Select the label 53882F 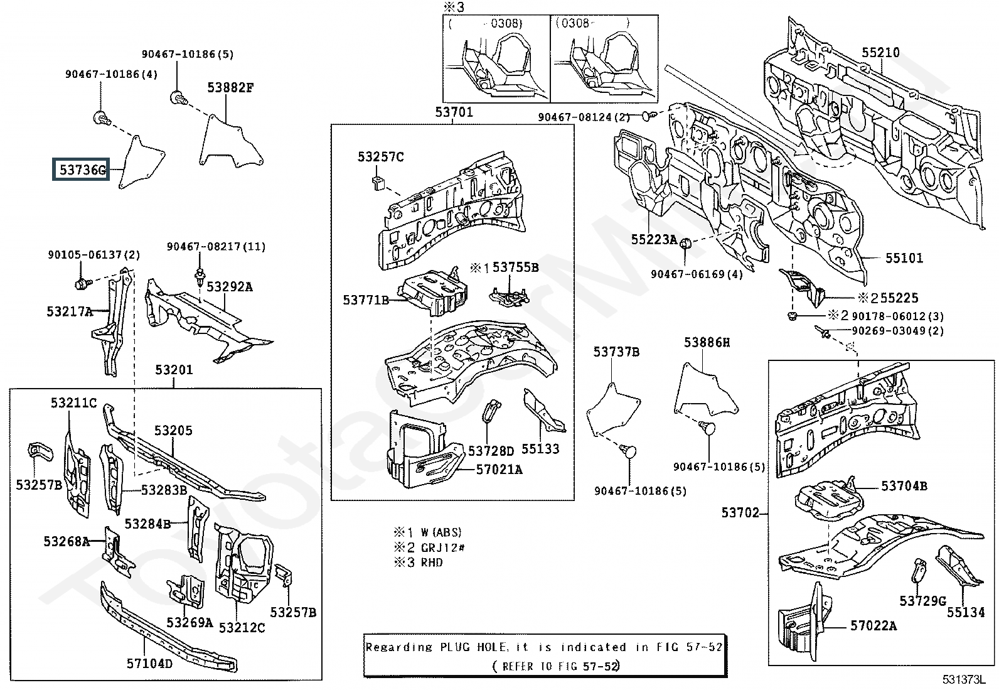pos(230,88)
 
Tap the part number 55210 pos(880,53)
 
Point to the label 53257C pos(380,157)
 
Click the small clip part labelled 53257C pos(378,183)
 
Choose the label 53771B pos(366,300)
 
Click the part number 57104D pos(149,664)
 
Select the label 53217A pos(70,311)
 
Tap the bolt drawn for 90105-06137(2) pos(82,283)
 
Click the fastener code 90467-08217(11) pos(216,246)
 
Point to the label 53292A pos(230,286)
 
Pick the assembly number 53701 pos(454,112)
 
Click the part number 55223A pos(654,240)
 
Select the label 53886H pos(707,342)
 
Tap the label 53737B pos(616,352)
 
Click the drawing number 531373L pos(964,680)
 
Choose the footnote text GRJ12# pos(443,547)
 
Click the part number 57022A pos(873,626)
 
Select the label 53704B pos(904,485)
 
